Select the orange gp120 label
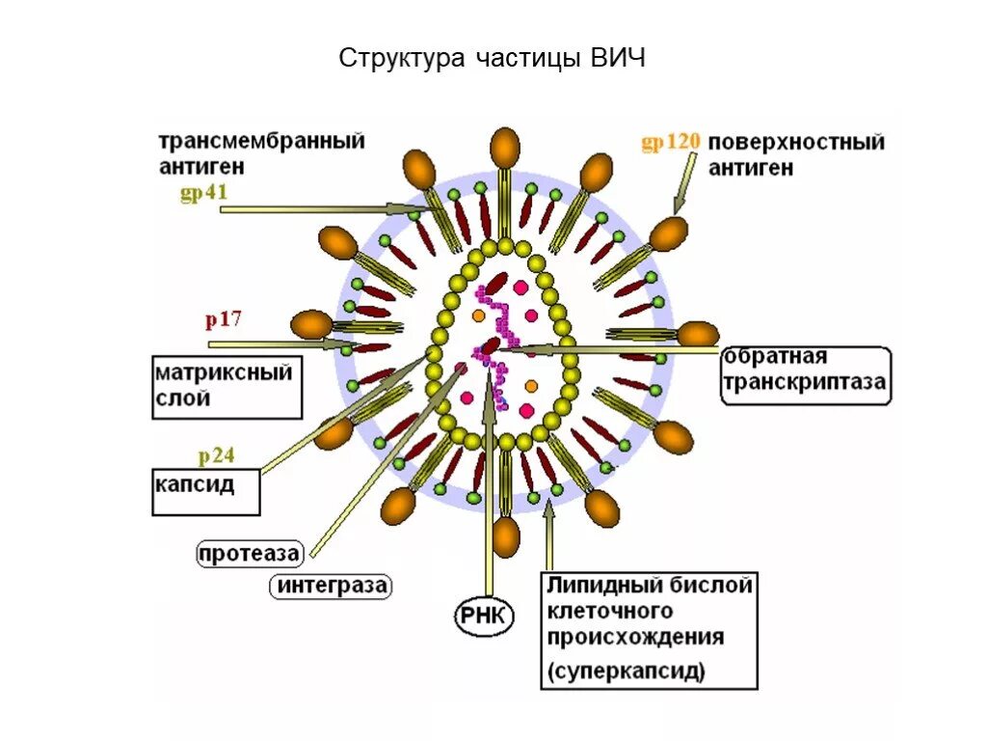click(670, 143)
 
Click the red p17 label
click(222, 320)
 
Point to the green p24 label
click(217, 456)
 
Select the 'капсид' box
click(206, 485)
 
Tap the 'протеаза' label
click(250, 554)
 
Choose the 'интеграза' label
click(333, 586)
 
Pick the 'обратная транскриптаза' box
click(805, 375)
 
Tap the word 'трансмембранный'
click(262, 142)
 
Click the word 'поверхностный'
click(797, 143)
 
